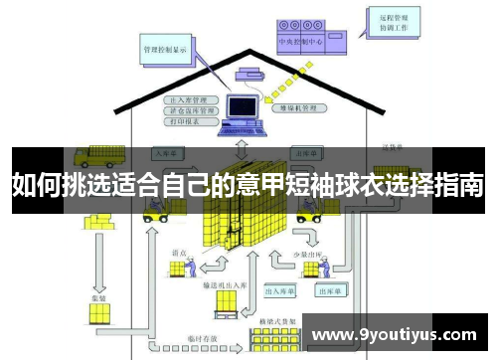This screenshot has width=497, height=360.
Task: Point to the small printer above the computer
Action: click(x=248, y=71)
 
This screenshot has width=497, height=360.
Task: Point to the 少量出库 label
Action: click(x=306, y=255)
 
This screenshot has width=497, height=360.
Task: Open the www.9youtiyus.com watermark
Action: click(x=394, y=334)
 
